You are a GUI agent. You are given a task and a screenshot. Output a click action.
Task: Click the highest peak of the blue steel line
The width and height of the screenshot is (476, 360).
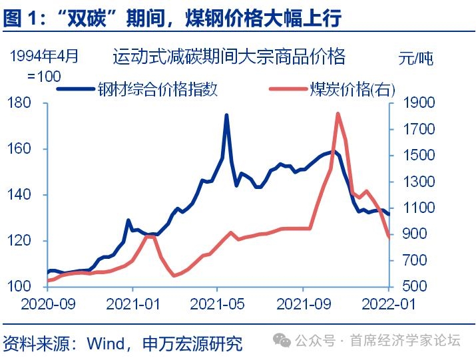click(226, 115)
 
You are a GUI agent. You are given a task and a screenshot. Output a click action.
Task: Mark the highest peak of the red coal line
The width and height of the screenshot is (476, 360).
click(338, 114)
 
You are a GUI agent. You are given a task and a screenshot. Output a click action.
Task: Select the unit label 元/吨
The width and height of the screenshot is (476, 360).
click(415, 58)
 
